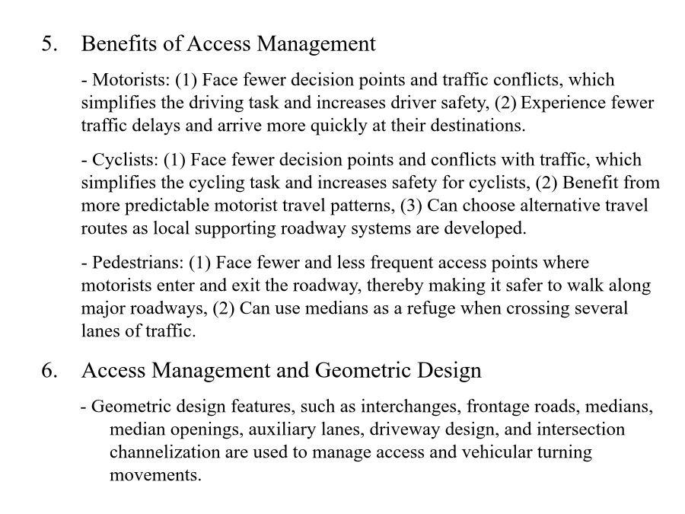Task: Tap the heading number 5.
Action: [x=49, y=44]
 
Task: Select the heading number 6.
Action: [x=49, y=371]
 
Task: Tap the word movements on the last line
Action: [x=155, y=475]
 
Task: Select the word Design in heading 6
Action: [x=450, y=371]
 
